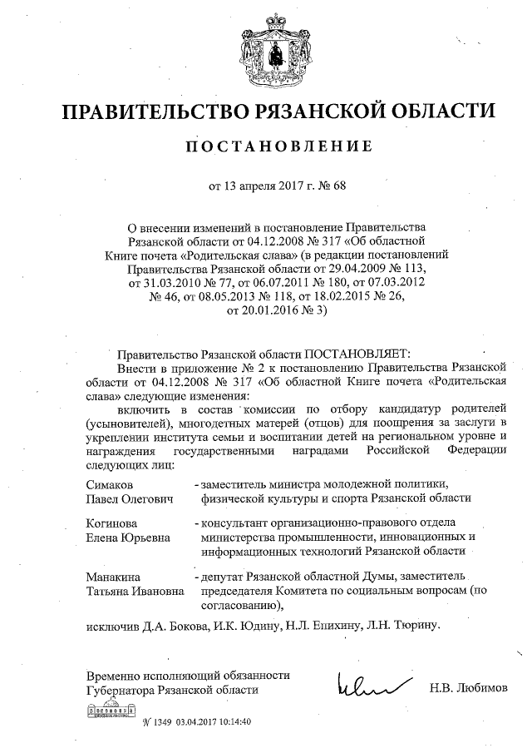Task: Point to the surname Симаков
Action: pyautogui.click(x=110, y=484)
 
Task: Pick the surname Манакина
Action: pyautogui.click(x=114, y=577)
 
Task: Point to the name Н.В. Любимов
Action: pyautogui.click(x=468, y=689)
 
